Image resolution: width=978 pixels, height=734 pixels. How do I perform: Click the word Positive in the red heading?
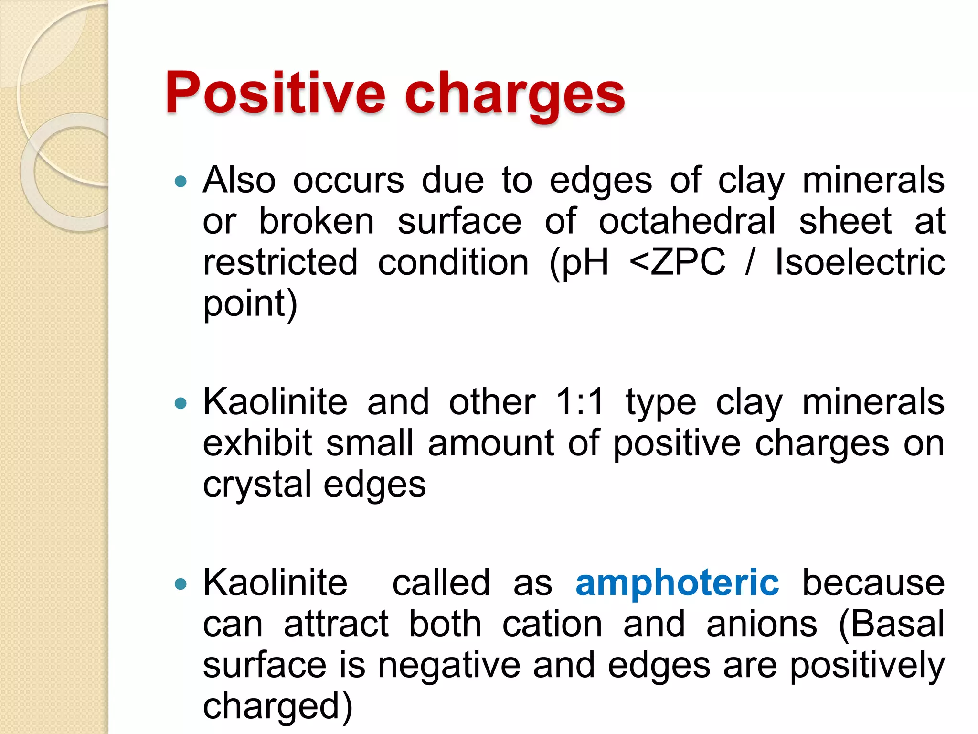pos(275,93)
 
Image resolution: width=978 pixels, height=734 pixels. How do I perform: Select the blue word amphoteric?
pos(677,583)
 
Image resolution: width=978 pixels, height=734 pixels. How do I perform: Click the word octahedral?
pos(687,222)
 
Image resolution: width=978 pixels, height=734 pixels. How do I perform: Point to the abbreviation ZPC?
pos(688,262)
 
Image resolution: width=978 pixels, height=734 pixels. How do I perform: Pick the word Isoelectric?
pos(860,262)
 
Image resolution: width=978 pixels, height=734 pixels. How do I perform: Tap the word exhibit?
pos(257,443)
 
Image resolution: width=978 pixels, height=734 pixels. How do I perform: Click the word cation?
pos(552,624)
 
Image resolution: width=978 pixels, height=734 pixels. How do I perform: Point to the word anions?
pos(762,624)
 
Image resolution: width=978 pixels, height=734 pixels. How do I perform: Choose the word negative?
pos(449,665)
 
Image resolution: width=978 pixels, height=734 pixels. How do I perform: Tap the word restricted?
pos(280,262)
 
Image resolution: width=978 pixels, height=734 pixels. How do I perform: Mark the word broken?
pos(316,222)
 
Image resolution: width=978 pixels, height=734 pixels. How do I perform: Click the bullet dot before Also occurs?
pos(181,182)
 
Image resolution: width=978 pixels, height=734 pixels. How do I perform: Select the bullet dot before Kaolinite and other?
pos(181,403)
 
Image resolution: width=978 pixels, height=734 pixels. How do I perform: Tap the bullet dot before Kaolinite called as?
pos(181,584)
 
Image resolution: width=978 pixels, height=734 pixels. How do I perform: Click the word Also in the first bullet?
pos(239,181)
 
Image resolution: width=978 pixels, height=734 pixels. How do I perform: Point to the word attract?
pos(336,624)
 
